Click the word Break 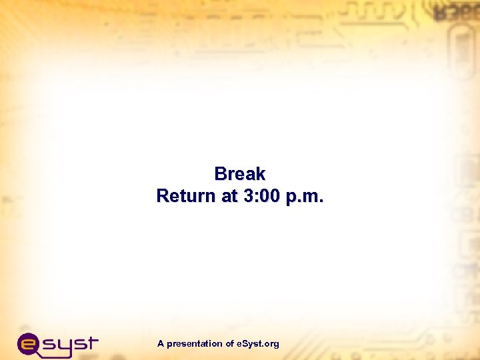240,174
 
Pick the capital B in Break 221,174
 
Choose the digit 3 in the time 245,197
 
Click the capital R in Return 163,197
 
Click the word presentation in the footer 195,344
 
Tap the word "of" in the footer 229,344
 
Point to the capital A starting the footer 161,344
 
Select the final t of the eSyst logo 91,343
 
